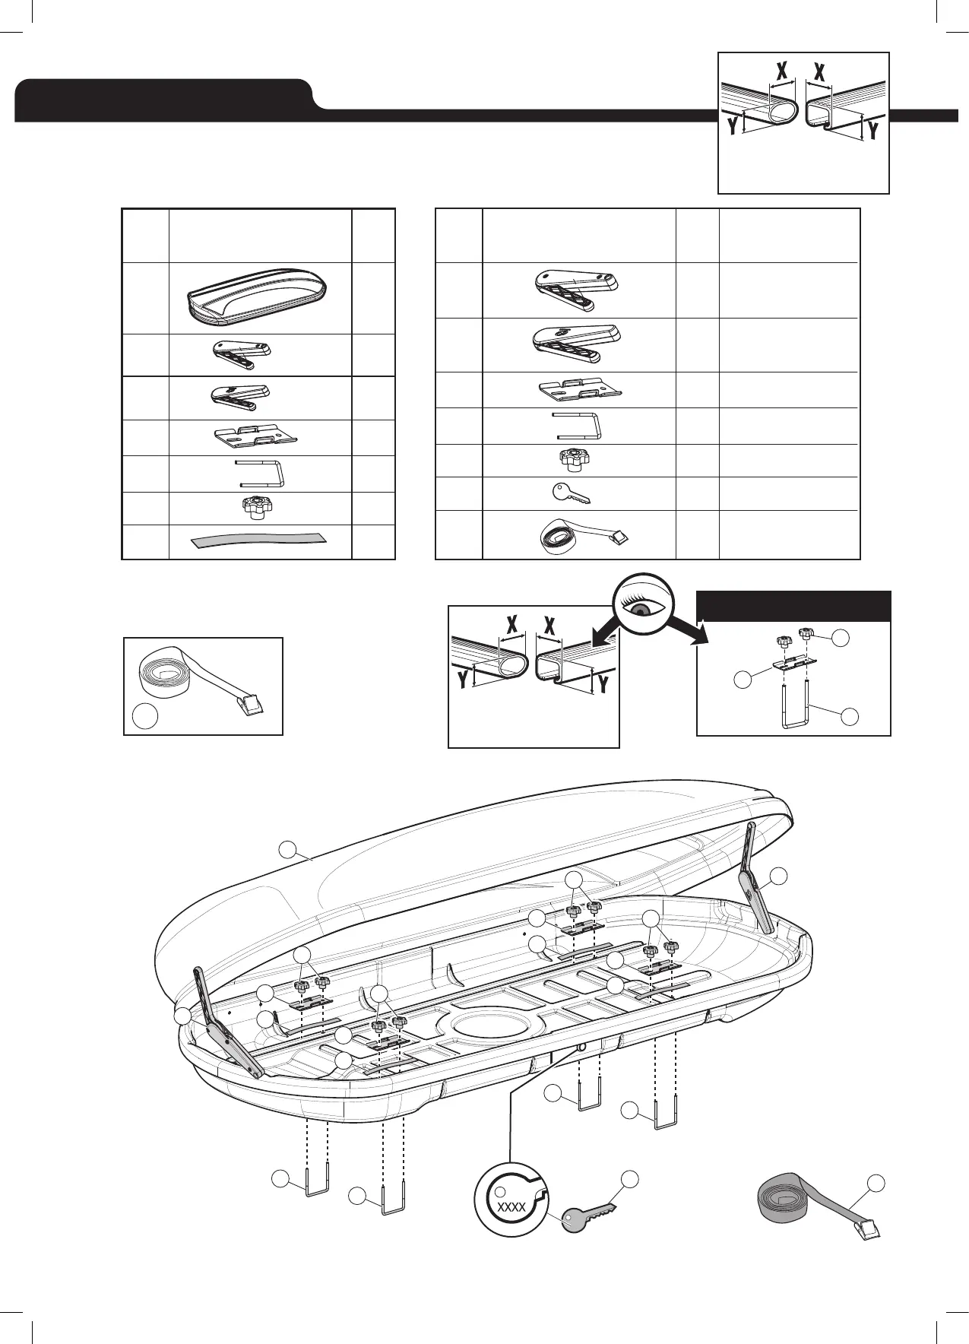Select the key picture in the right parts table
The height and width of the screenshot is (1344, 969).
(x=571, y=494)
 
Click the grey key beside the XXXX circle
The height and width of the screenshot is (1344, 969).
(x=587, y=1213)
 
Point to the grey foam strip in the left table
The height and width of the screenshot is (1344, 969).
(x=258, y=540)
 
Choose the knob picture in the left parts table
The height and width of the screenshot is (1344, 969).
(x=258, y=506)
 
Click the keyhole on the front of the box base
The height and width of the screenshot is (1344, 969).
(x=581, y=1048)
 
